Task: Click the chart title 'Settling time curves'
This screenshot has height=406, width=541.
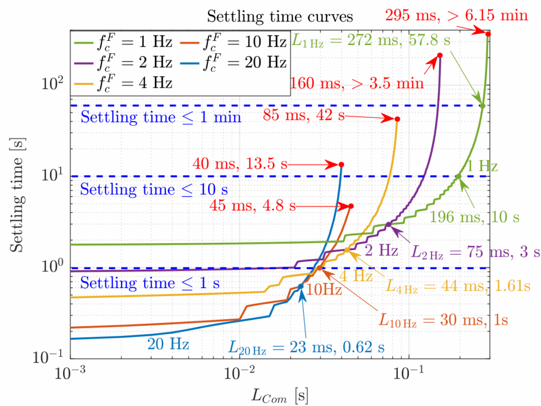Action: click(x=279, y=16)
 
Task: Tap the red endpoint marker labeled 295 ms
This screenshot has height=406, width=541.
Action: click(x=488, y=34)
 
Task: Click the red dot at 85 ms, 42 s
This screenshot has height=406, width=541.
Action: click(x=397, y=119)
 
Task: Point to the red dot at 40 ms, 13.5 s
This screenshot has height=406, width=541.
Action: click(x=341, y=164)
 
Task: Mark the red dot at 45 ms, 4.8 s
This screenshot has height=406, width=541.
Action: click(x=351, y=206)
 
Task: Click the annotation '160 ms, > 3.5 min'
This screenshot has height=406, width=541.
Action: click(x=357, y=83)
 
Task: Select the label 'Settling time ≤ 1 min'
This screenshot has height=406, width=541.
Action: click(x=161, y=117)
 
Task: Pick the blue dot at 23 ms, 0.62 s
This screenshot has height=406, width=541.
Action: click(x=301, y=287)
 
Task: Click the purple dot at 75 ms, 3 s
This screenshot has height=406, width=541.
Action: click(x=388, y=225)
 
